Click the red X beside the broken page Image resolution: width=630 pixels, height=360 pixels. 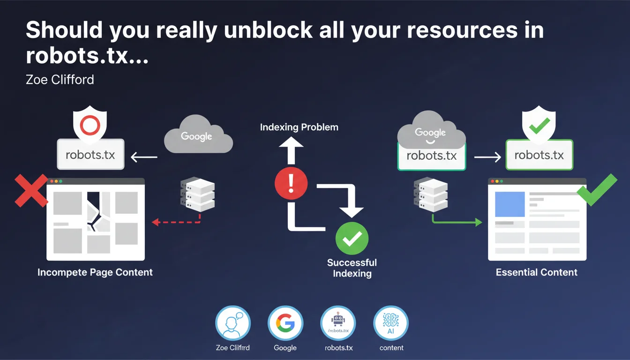coord(31,190)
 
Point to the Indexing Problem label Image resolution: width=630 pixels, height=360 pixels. coord(299,127)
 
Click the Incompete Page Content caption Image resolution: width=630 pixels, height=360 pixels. coord(95,272)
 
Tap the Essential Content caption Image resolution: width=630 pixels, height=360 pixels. coord(537,272)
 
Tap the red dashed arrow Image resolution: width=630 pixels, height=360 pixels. coord(177,221)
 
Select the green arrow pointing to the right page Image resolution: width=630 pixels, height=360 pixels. coord(457,220)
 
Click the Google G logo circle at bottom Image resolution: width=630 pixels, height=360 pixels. coord(285,324)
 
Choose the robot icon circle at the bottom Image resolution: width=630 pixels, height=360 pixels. coord(338,324)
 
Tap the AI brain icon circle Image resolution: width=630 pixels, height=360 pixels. coord(391,324)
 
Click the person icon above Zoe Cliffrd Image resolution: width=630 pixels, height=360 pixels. coord(233,324)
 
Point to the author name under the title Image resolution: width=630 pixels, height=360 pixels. coord(60,80)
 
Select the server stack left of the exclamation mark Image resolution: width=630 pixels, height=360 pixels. coord(197,194)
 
